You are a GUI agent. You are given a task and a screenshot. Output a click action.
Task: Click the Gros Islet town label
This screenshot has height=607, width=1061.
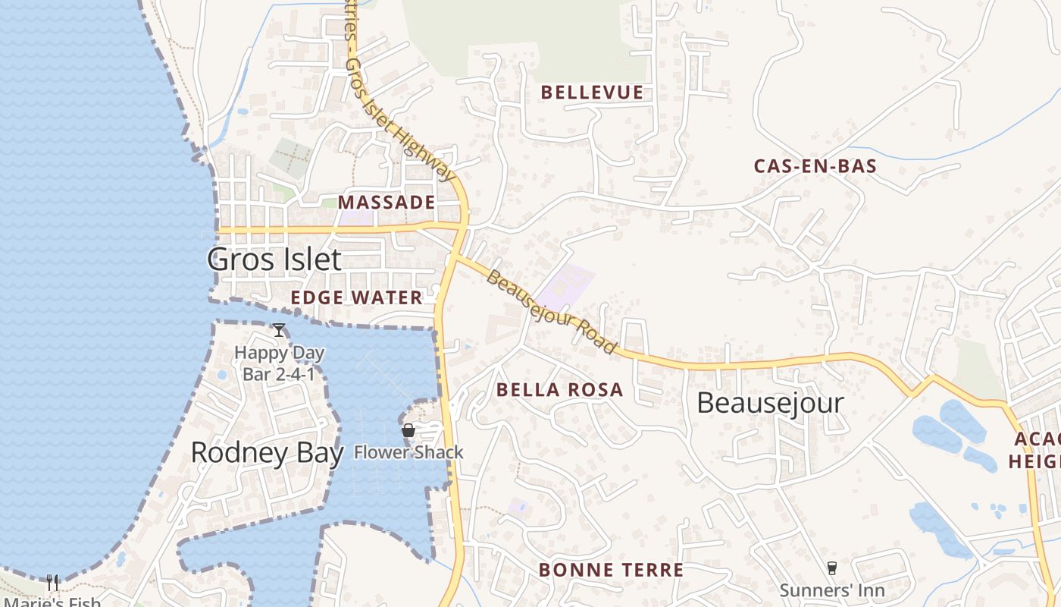click(x=274, y=259)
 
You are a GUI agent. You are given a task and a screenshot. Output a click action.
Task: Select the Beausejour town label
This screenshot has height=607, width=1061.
click(x=770, y=403)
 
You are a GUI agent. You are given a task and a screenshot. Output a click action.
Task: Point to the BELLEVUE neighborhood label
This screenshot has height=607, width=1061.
click(x=592, y=93)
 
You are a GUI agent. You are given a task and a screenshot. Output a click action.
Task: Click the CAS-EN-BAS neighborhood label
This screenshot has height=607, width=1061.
click(x=815, y=166)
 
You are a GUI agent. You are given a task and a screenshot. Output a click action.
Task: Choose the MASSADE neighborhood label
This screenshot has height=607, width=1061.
click(x=387, y=203)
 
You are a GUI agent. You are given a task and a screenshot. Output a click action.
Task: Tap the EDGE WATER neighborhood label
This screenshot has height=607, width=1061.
click(x=356, y=297)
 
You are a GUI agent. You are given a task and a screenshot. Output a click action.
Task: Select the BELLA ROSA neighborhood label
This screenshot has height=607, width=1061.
click(x=559, y=390)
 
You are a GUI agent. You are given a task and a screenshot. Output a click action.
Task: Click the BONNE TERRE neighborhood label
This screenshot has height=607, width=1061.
click(x=611, y=570)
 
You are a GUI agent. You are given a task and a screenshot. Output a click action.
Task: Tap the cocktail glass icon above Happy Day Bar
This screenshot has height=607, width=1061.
click(x=279, y=330)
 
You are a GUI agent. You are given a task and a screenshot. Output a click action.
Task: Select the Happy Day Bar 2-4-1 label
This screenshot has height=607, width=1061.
click(x=279, y=363)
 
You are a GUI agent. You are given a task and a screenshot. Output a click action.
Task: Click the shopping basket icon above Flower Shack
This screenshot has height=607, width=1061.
click(x=408, y=431)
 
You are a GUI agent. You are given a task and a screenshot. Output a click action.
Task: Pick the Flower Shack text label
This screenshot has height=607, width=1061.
click(x=408, y=453)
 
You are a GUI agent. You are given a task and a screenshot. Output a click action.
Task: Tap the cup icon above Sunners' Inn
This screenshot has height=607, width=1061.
click(x=832, y=568)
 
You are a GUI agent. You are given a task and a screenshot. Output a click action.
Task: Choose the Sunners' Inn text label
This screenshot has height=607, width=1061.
click(x=832, y=590)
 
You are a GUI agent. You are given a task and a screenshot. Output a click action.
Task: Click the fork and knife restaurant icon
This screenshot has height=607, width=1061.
click(x=52, y=582)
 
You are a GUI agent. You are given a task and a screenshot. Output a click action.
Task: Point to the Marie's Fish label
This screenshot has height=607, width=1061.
click(x=52, y=602)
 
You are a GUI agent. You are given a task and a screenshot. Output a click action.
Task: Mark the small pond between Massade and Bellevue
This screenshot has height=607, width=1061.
click(x=242, y=112)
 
